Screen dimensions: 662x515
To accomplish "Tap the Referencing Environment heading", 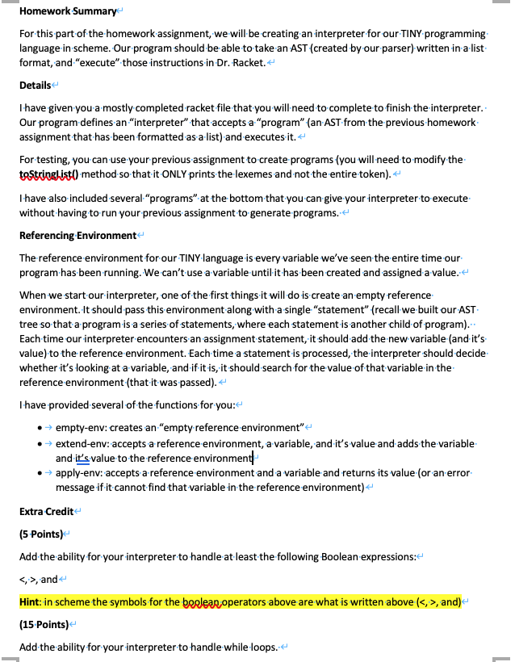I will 77,235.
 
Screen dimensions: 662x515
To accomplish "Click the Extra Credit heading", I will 45,512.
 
